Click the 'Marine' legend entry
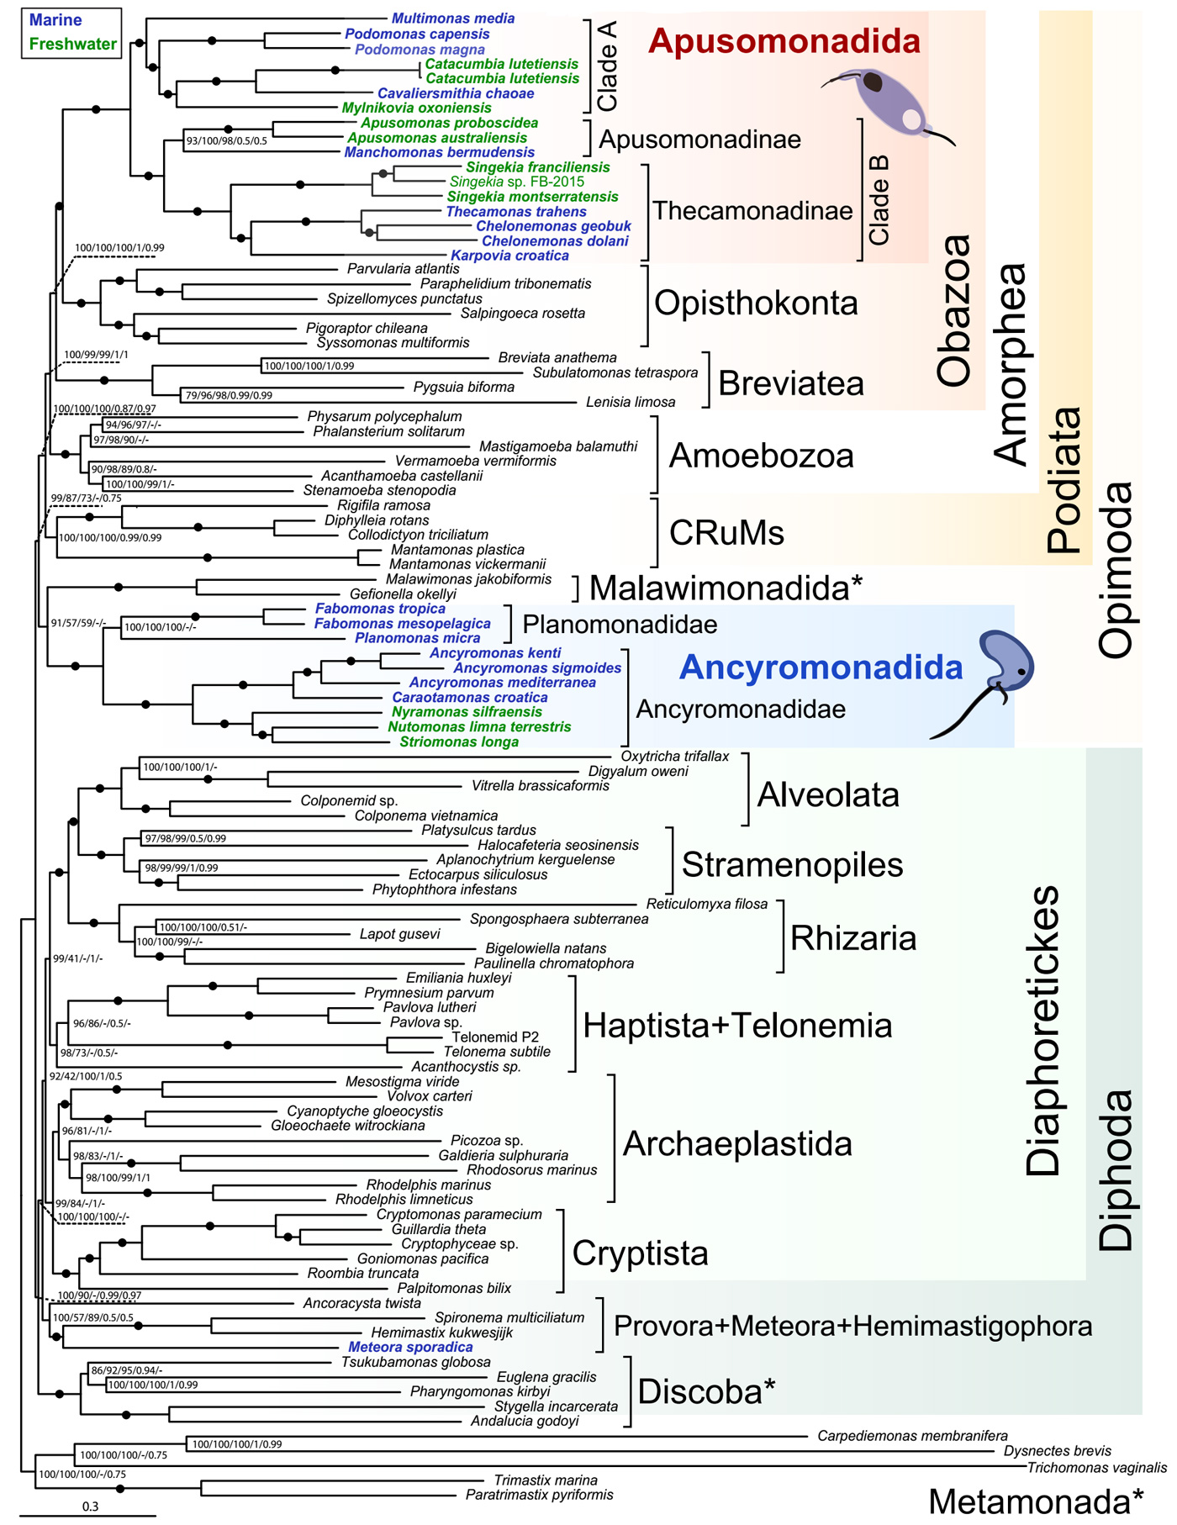point(55,20)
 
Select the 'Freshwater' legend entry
point(72,44)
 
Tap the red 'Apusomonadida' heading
point(784,41)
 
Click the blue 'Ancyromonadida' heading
point(821,667)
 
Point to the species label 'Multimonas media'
point(453,18)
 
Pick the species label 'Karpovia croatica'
point(509,256)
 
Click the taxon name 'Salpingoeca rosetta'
point(522,314)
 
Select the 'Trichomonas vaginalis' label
point(1096,1468)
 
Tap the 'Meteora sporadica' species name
point(410,1347)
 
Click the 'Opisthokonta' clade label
point(756,303)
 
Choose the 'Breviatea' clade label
point(791,383)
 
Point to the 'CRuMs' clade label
point(726,532)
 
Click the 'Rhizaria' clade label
point(853,938)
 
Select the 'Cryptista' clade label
point(640,1253)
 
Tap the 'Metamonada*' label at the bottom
point(1036,1501)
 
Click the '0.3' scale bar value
point(90,1507)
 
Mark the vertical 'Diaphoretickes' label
point(1043,1030)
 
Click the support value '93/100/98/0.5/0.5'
point(226,140)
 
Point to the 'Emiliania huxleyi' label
point(458,978)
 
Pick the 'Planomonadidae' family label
point(620,625)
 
